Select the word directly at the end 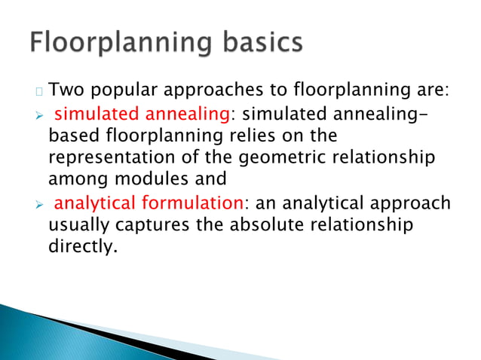click(x=82, y=247)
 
